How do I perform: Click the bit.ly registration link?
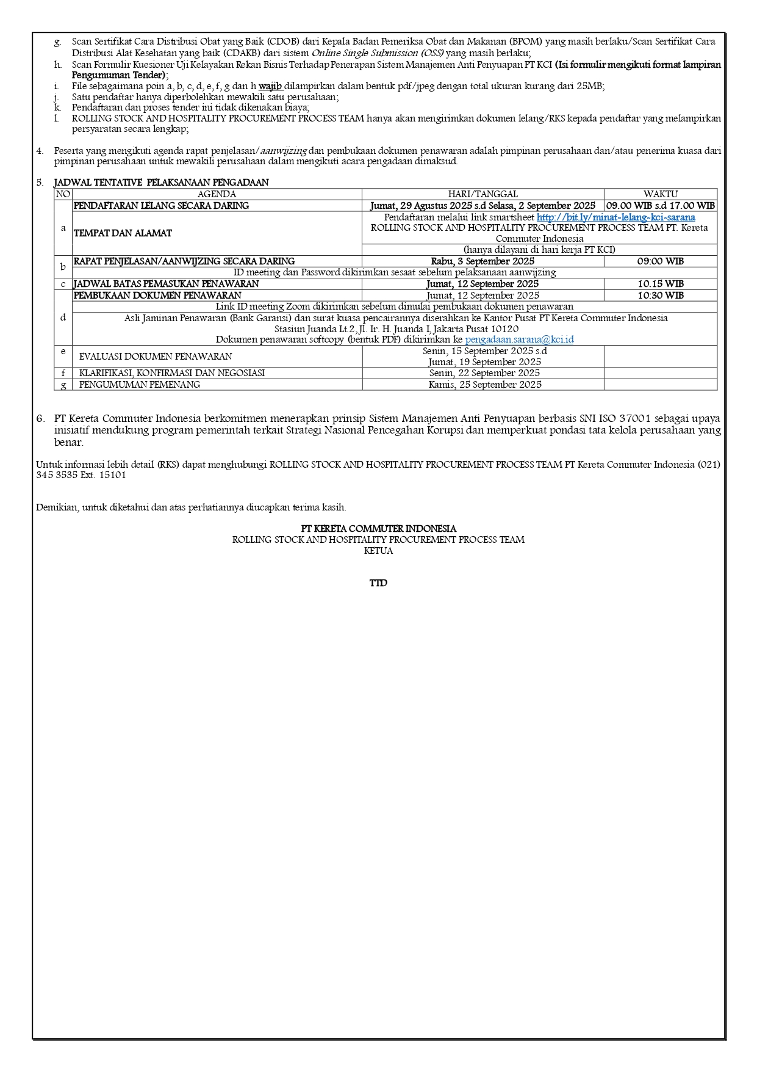(x=615, y=217)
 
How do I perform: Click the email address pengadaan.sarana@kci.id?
(x=519, y=339)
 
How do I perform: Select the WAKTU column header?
(x=660, y=194)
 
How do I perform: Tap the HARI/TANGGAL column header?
(x=483, y=194)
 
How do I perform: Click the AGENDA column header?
(x=217, y=194)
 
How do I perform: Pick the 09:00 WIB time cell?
(x=660, y=261)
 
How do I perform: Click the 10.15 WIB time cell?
(x=660, y=284)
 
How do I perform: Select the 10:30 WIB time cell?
(x=660, y=296)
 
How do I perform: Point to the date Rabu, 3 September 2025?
(x=483, y=261)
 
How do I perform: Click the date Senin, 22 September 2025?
(x=484, y=373)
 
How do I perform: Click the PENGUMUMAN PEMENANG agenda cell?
(x=140, y=385)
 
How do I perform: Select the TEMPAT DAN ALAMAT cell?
(x=123, y=233)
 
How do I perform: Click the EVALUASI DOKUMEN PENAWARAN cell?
(x=156, y=357)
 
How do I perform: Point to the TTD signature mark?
(x=378, y=583)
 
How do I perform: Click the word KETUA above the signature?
(x=378, y=551)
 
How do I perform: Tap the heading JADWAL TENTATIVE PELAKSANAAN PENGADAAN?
(x=161, y=183)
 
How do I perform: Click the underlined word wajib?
(x=270, y=86)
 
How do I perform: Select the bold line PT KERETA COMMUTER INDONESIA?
(x=378, y=529)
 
